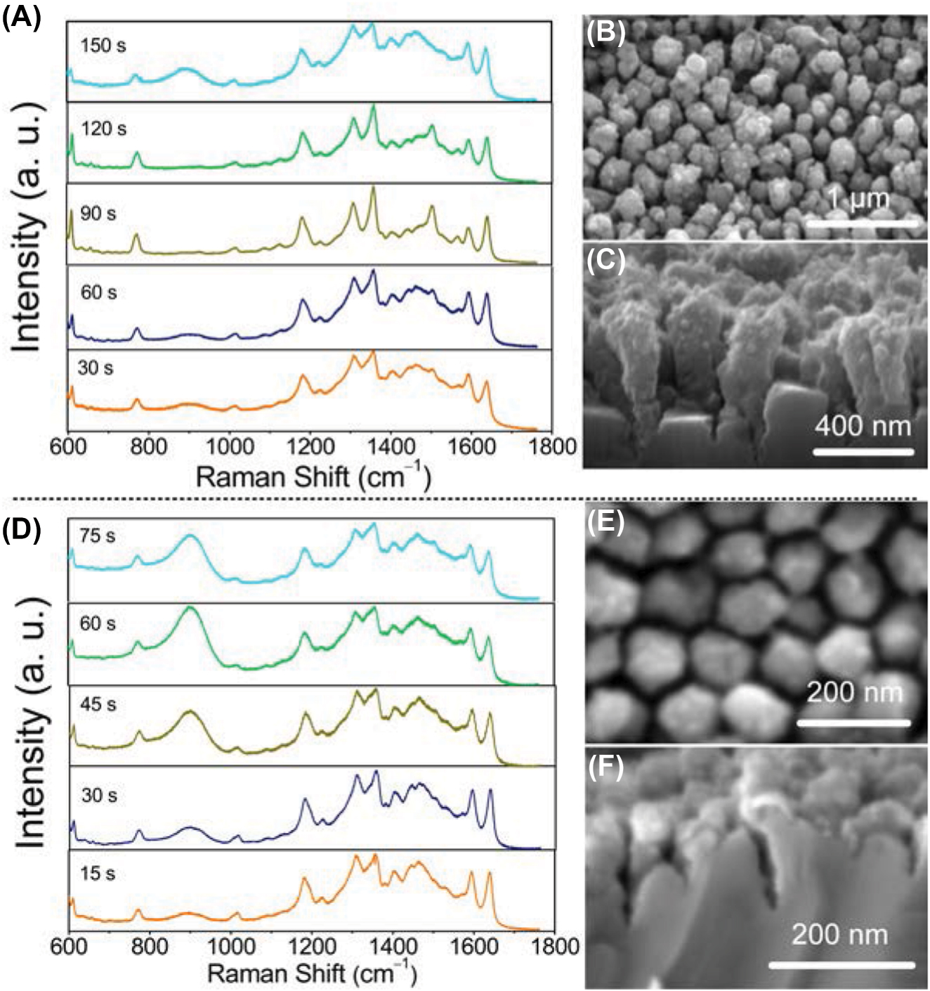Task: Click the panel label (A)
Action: point(21,15)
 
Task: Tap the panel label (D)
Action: point(21,530)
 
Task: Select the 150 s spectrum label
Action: point(103,46)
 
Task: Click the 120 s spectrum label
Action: point(103,129)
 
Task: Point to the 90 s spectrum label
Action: point(98,213)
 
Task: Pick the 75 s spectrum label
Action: point(98,536)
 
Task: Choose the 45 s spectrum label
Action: point(98,704)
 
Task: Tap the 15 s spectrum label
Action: point(98,874)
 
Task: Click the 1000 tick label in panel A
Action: point(229,446)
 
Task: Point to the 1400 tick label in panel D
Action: point(392,946)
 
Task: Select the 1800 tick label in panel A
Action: point(553,446)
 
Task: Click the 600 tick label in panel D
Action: point(69,946)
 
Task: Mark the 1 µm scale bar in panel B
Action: point(862,224)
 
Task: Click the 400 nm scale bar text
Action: point(863,426)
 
